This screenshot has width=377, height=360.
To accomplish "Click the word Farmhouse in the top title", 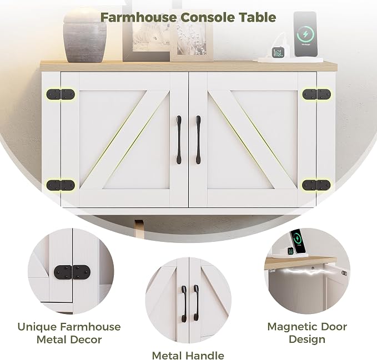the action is [138, 17].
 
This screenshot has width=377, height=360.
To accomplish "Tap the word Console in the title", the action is [208, 17].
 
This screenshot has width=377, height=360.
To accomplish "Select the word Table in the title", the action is [257, 17].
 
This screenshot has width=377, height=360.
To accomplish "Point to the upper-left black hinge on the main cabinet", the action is [61, 94].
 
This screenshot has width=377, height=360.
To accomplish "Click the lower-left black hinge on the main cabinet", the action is [61, 185].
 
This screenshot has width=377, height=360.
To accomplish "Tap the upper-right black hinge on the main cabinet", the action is [316, 94].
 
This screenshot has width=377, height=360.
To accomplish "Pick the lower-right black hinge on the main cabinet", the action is [316, 185].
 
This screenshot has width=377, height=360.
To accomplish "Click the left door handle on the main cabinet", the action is [179, 140].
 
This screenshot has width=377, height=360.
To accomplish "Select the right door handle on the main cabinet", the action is [198, 140].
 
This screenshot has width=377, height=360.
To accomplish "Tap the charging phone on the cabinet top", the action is [305, 34].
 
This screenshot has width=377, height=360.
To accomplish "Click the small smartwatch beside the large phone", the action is [278, 52].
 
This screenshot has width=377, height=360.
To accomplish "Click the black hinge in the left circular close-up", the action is [72, 272].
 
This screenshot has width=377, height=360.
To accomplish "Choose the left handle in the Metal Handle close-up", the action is [184, 301].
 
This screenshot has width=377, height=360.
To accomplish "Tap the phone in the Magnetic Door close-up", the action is [298, 241].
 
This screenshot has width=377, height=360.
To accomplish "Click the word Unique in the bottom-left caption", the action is [37, 327].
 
